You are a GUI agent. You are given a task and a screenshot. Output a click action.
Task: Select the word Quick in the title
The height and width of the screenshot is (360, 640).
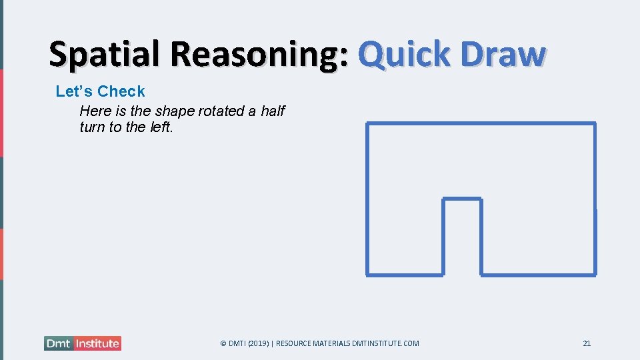pos(403,55)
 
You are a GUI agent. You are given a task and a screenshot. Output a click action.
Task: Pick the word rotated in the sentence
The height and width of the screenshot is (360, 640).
pos(222,111)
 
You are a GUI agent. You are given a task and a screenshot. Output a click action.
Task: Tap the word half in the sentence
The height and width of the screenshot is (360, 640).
pos(273,111)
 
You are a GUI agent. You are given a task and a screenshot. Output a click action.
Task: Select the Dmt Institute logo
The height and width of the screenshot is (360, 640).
pos(83,343)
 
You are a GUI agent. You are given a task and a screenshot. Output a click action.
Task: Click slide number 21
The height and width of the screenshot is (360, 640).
pos(587,343)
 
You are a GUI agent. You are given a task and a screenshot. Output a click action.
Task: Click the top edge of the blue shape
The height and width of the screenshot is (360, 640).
pos(480,123)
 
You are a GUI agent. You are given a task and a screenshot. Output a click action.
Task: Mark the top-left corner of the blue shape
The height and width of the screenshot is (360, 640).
pos(368,124)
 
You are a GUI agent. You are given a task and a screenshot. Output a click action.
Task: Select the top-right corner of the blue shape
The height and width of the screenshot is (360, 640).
pos(594,124)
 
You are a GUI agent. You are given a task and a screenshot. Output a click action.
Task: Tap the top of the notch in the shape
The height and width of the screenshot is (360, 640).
pos(462,199)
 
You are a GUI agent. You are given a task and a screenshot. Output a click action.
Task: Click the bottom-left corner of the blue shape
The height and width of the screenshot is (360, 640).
pos(368,274)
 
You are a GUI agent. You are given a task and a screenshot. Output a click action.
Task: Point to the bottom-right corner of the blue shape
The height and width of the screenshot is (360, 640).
pos(595,274)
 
